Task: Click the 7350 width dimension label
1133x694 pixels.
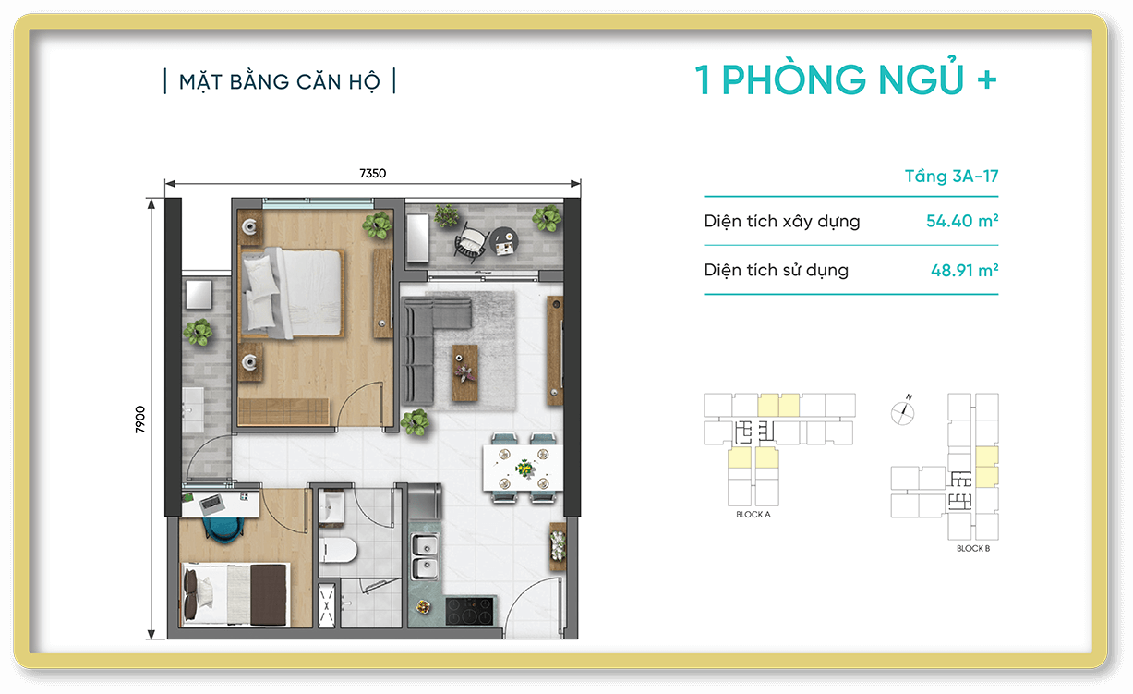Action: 372,173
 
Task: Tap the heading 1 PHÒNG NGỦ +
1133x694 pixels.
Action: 846,81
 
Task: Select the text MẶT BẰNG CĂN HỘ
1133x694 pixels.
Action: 279,81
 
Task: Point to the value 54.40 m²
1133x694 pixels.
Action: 963,221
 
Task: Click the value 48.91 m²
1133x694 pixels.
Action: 965,271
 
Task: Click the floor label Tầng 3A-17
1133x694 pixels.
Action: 951,177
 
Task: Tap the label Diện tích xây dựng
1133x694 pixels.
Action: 781,222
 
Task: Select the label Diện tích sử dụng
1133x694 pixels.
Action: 776,271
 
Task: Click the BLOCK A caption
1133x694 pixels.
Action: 753,515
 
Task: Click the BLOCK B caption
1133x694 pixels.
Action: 972,549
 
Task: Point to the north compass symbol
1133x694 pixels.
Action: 902,411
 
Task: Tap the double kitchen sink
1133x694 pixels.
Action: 425,557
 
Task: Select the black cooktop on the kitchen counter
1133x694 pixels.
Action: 470,611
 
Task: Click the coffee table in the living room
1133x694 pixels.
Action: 465,371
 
